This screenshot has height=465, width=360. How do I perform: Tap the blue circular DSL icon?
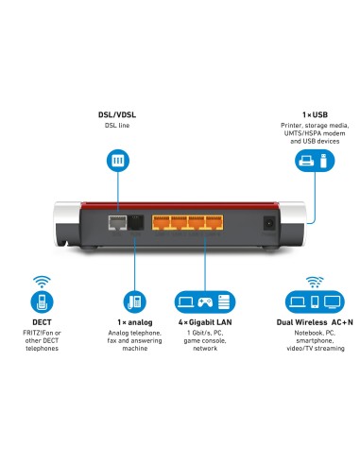pyautogui.click(x=118, y=160)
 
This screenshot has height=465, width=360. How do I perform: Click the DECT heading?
pyautogui.click(x=41, y=321)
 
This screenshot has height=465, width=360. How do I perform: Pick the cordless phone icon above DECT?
pyautogui.click(x=41, y=302)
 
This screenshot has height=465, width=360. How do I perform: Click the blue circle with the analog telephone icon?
pyautogui.click(x=132, y=301)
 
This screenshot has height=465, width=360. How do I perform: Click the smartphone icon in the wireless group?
pyautogui.click(x=314, y=302)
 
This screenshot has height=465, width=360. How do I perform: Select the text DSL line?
pyautogui.click(x=117, y=125)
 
